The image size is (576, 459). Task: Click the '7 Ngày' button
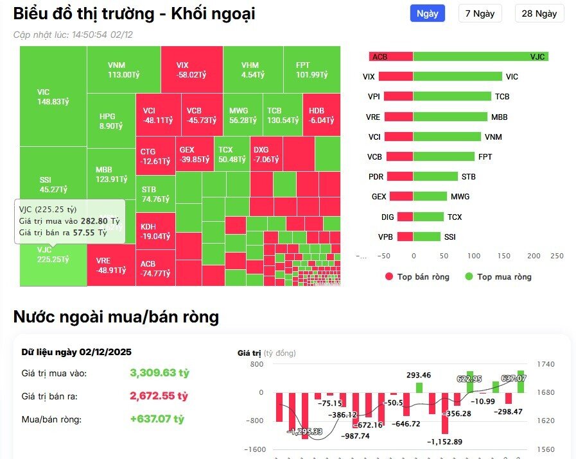[480, 13]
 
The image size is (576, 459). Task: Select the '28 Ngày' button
[539, 13]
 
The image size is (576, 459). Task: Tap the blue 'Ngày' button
[428, 13]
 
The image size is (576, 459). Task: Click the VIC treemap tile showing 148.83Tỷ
[53, 96]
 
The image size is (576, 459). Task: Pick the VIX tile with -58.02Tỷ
[191, 69]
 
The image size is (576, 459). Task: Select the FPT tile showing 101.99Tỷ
[311, 69]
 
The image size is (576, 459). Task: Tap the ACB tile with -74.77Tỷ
[155, 268]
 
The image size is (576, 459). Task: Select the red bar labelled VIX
[396, 76]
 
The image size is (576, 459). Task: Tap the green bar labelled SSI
[426, 237]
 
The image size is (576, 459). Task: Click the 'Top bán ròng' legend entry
[417, 277]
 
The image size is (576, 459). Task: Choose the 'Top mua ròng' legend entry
[498, 277]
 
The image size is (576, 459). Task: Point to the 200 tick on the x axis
[534, 256]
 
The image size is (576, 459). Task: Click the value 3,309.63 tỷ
[159, 373]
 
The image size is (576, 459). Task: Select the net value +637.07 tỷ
[157, 419]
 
